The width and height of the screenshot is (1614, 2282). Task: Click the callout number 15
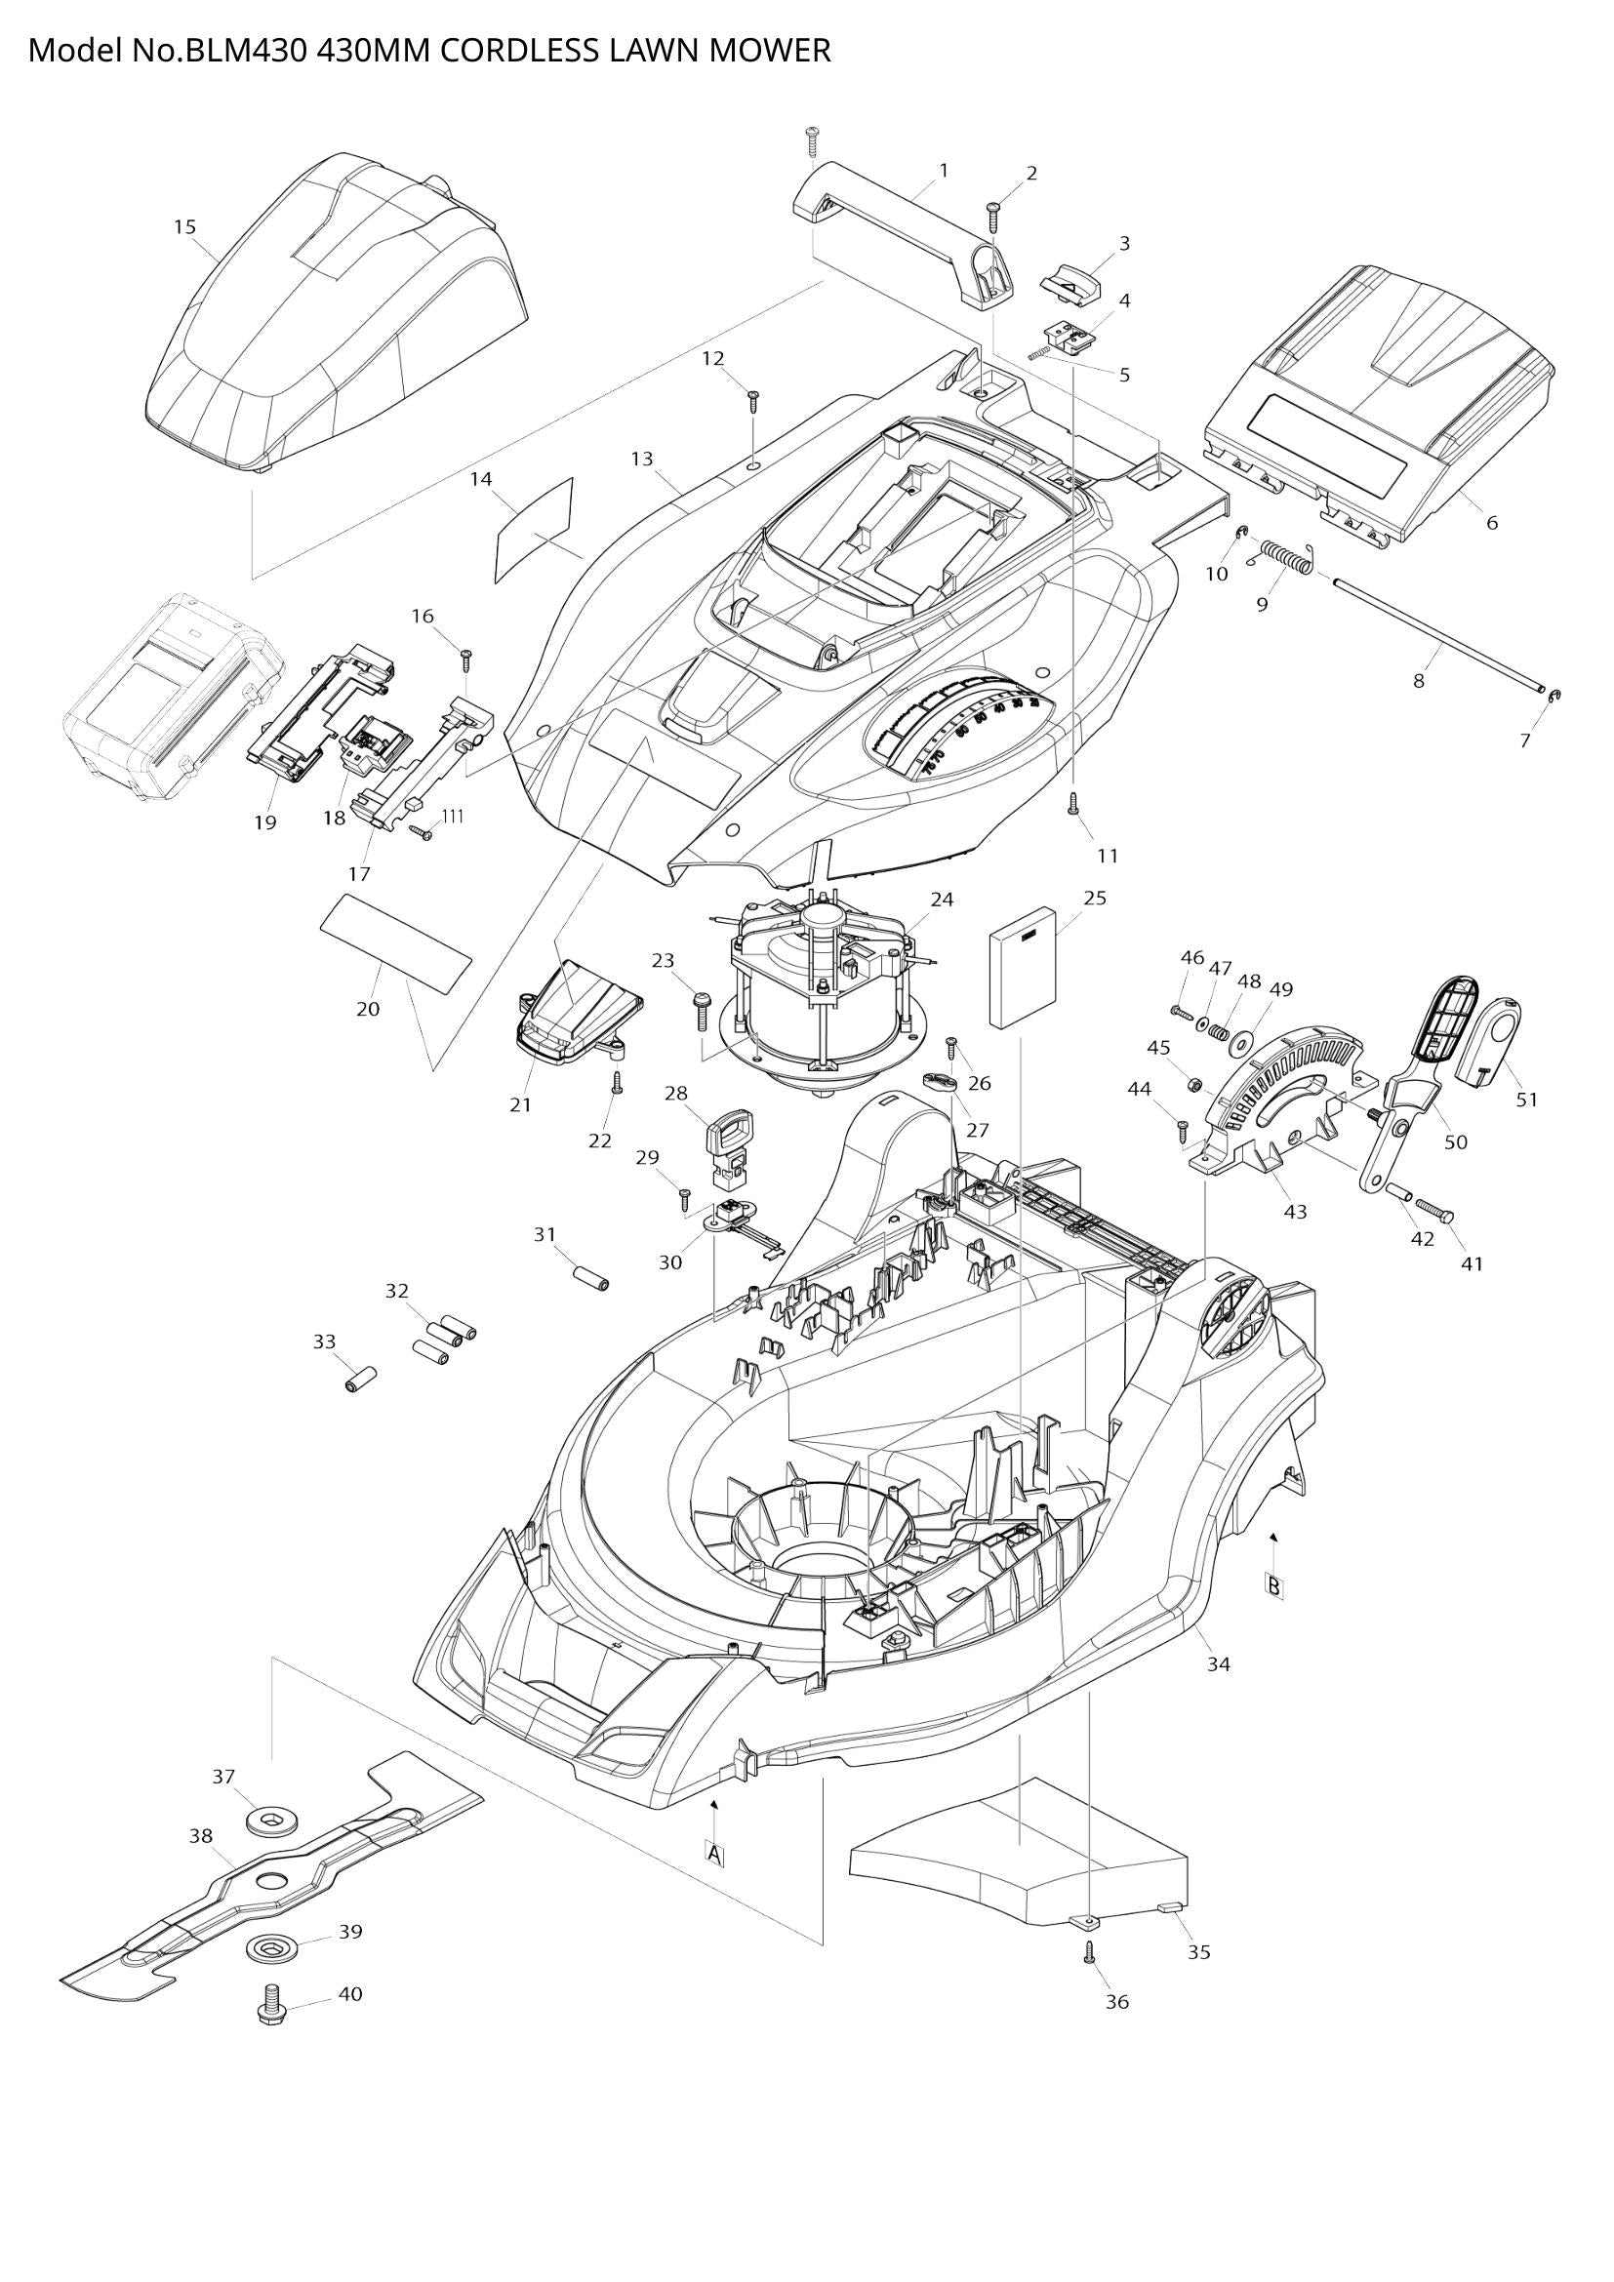click(184, 227)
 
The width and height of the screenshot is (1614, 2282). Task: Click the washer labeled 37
click(264, 1821)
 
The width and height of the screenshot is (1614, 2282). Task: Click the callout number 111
click(452, 816)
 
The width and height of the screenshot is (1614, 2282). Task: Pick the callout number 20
click(368, 1009)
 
